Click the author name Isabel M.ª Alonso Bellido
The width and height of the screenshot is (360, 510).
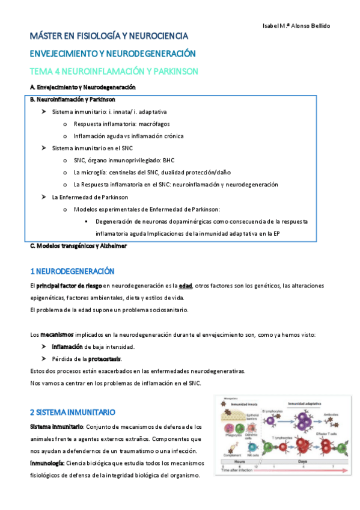click(x=297, y=26)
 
